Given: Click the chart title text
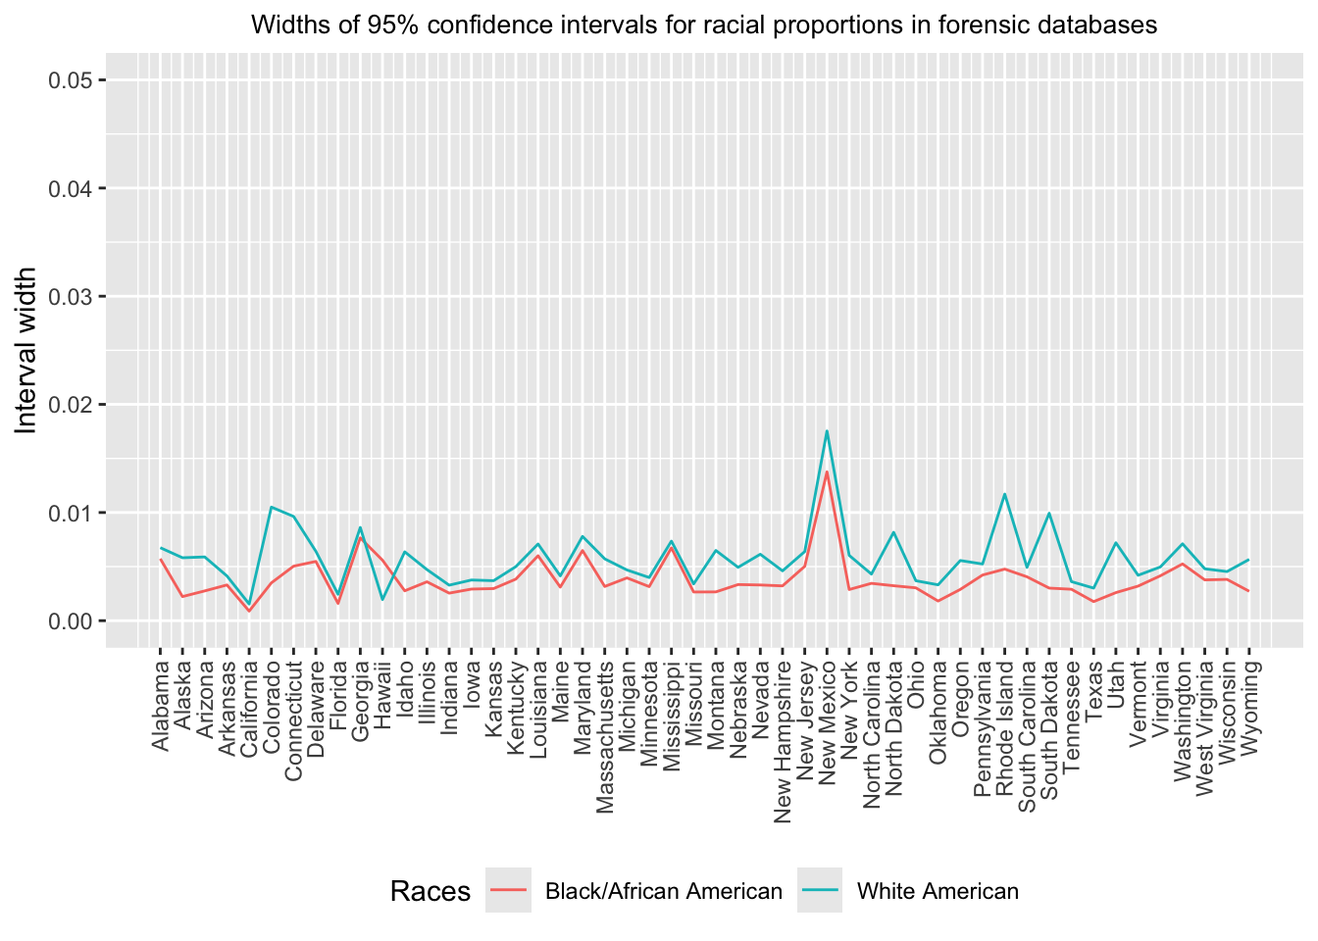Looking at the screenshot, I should [704, 25].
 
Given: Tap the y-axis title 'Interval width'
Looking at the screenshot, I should [26, 350].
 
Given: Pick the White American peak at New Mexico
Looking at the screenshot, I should [827, 431].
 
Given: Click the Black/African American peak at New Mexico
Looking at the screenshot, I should [827, 472].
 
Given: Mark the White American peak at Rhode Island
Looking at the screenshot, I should [1004, 494].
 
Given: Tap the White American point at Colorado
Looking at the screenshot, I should [272, 507].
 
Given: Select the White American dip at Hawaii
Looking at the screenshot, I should [382, 599].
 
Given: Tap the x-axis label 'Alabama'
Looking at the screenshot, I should [161, 706].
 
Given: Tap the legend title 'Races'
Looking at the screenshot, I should [430, 891].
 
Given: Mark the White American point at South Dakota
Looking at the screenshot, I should [1049, 513].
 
